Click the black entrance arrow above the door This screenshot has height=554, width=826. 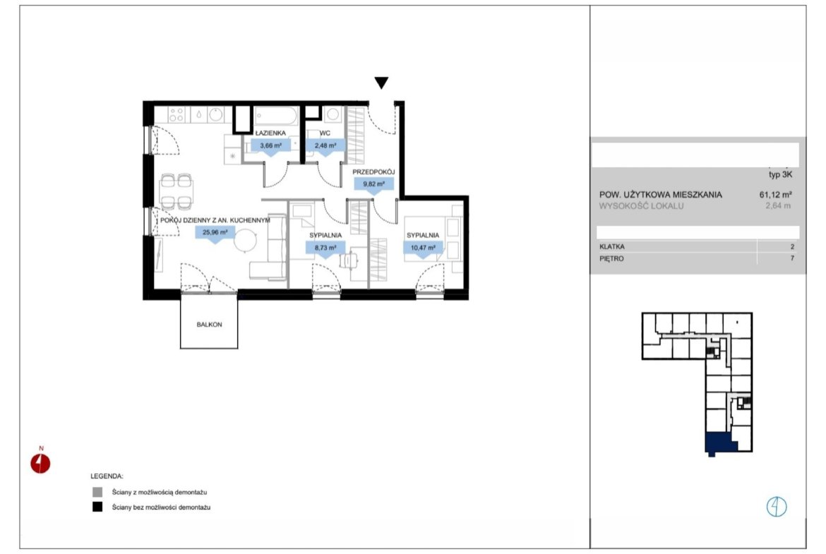click(x=381, y=83)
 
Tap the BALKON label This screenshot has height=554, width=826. click(x=209, y=325)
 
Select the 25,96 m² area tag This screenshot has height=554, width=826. click(x=215, y=233)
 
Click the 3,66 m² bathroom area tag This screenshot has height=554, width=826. click(x=271, y=146)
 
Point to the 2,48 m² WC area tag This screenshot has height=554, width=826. click(x=325, y=146)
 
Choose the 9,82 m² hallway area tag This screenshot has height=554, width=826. click(x=374, y=184)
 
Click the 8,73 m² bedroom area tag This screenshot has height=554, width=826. click(x=325, y=248)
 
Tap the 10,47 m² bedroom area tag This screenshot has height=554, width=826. click(x=423, y=248)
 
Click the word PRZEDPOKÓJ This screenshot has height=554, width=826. click(x=373, y=172)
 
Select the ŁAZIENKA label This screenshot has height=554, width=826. click(x=270, y=133)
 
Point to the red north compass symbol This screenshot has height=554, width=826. click(x=40, y=464)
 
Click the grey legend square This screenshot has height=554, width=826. click(x=97, y=493)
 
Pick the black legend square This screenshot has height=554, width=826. click(x=97, y=507)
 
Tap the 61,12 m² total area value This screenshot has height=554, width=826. click(x=775, y=194)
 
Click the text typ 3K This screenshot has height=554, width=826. click(x=780, y=174)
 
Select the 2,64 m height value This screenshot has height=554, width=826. click(x=778, y=206)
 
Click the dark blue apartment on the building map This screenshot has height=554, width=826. click(x=720, y=443)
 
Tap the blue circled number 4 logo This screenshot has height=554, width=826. click(x=777, y=507)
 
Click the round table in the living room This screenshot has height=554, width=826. click(x=245, y=241)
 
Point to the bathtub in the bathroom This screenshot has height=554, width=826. click(x=276, y=116)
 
